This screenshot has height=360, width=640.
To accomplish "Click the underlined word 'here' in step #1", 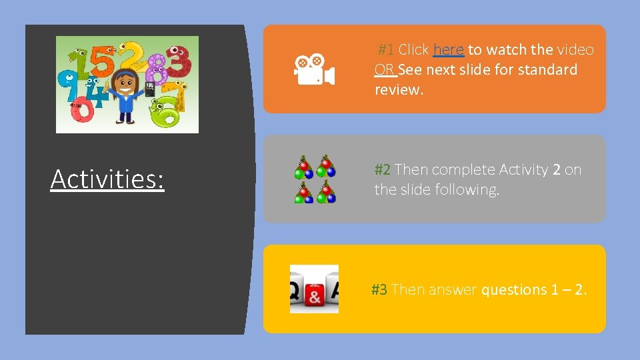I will click(x=448, y=50).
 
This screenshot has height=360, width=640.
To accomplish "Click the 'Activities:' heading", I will click(x=107, y=179).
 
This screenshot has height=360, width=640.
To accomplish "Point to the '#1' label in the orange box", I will click(x=386, y=50).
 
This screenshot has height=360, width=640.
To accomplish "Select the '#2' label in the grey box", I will click(x=383, y=170).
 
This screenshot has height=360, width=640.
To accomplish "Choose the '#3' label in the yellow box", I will click(x=379, y=290).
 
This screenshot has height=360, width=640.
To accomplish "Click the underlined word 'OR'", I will click(x=384, y=70).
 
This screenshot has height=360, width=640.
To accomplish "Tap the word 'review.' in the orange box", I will click(x=399, y=90).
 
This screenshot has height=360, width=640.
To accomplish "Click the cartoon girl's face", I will click(x=125, y=84).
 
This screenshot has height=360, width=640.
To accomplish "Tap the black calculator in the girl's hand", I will click(x=149, y=89).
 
